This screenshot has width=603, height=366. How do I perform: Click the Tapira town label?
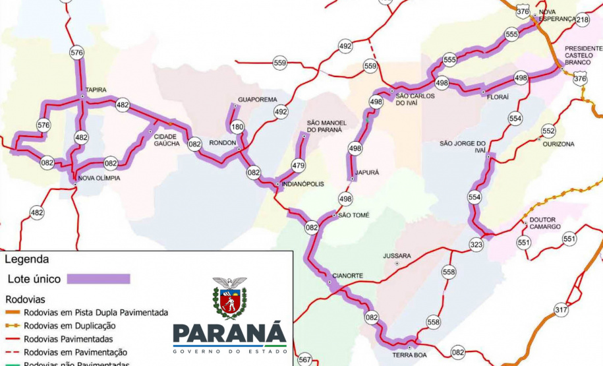pyautogui.click(x=96, y=90)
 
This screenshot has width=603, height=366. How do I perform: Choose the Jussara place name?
pyautogui.click(x=397, y=255)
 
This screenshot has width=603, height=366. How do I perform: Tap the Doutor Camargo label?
pyautogui.click(x=544, y=223)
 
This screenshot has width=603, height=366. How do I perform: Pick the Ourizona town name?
pyautogui.click(x=558, y=144)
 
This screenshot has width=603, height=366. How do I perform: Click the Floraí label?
pyautogui.click(x=498, y=96)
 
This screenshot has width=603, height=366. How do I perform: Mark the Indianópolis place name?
pyautogui.click(x=303, y=184)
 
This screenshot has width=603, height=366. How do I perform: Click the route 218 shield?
pyautogui.click(x=583, y=20)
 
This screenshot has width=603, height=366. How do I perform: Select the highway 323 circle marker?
pyautogui.click(x=476, y=244)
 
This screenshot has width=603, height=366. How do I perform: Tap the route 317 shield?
pyautogui.click(x=561, y=310)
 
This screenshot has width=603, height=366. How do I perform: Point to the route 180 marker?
pyautogui.click(x=237, y=127)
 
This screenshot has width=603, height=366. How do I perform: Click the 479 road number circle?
pyautogui.click(x=299, y=166)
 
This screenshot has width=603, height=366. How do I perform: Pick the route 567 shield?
pyautogui.click(x=304, y=359)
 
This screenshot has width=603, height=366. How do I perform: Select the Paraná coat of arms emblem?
pyautogui.click(x=229, y=298)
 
